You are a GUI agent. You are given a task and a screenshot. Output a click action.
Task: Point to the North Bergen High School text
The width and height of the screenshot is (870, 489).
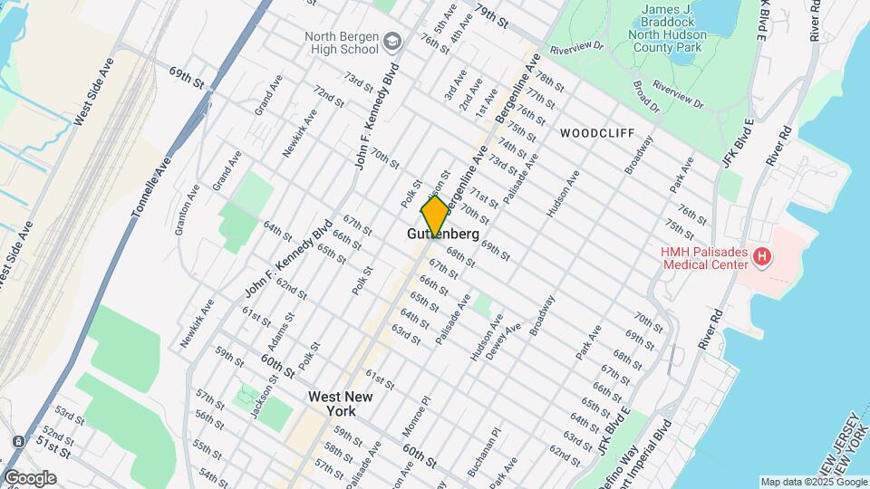tap(341, 43)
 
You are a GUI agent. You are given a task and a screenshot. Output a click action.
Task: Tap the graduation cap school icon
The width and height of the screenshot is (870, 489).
tap(391, 41)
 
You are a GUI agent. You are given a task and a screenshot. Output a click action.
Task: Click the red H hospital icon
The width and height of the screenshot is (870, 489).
tap(762, 257)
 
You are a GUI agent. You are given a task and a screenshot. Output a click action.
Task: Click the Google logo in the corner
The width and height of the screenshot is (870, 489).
tap(30, 478)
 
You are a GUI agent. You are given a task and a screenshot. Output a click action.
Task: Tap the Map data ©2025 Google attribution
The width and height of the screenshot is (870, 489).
tap(812, 482)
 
